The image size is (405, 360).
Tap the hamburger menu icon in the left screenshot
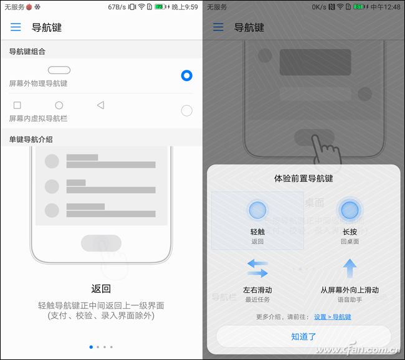pyautogui.click(x=16, y=27)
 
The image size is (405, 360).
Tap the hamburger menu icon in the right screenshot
pyautogui.click(x=218, y=27)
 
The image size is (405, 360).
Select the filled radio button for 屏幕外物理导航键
pyautogui.click(x=186, y=75)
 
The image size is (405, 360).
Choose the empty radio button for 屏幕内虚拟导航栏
pyautogui.click(x=186, y=111)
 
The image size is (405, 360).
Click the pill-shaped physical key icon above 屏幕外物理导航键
pyautogui.click(x=59, y=70)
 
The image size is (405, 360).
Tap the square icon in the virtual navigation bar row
pyautogui.click(x=17, y=105)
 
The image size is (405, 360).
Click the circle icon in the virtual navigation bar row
pyautogui.click(x=59, y=105)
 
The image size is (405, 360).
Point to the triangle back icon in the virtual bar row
pyautogui.click(x=100, y=105)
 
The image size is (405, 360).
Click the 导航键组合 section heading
pyautogui.click(x=27, y=51)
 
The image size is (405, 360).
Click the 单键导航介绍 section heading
pyautogui.click(x=31, y=140)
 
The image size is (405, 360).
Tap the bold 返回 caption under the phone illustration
pyautogui.click(x=101, y=288)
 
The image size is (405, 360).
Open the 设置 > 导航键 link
pyautogui.click(x=332, y=317)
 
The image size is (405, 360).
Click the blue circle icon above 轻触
pyautogui.click(x=257, y=210)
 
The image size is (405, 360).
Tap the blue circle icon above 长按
pyautogui.click(x=350, y=210)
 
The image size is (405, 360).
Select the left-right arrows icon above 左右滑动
pyautogui.click(x=257, y=268)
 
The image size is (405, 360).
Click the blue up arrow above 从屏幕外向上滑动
pyautogui.click(x=350, y=268)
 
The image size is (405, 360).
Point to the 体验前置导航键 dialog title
pyautogui.click(x=303, y=179)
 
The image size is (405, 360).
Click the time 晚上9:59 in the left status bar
pyautogui.click(x=184, y=7)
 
